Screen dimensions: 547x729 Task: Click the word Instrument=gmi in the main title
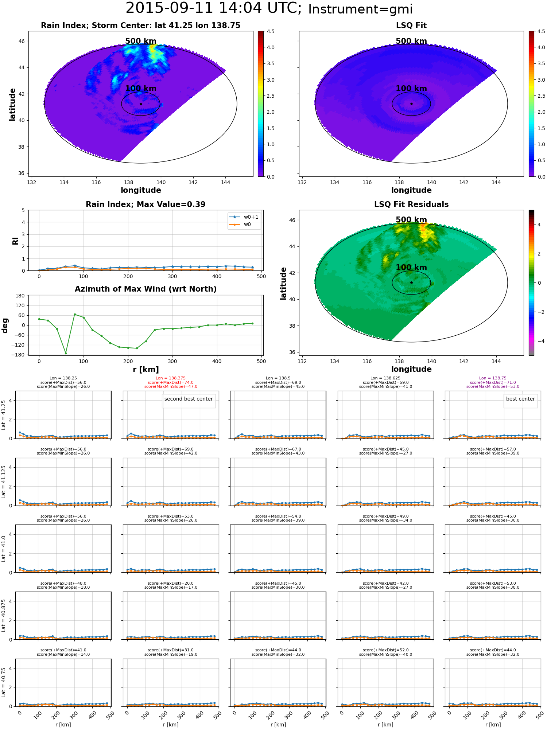[360, 9]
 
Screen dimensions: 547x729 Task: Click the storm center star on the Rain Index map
[141, 104]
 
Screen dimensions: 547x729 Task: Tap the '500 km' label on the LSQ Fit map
[411, 41]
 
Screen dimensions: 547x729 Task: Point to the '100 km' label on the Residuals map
[411, 268]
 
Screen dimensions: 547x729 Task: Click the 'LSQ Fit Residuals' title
[411, 204]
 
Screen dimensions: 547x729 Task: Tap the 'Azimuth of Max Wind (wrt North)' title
[146, 289]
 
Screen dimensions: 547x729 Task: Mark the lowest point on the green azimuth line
[66, 353]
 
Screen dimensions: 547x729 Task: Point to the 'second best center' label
[189, 399]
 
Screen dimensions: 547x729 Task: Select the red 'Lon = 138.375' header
[171, 378]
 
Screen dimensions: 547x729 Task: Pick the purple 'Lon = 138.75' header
[493, 378]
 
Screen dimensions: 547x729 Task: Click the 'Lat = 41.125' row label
[4, 482]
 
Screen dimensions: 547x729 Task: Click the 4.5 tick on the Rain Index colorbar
[270, 31]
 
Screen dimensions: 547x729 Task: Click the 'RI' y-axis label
[15, 241]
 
